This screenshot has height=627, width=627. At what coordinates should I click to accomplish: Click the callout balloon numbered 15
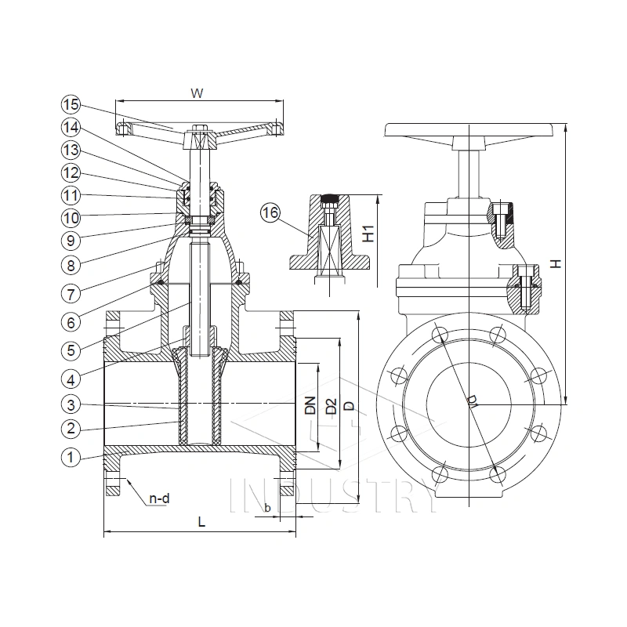pos(71,103)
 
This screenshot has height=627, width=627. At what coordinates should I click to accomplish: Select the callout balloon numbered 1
pos(71,455)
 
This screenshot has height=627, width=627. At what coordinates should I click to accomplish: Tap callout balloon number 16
pos(271,212)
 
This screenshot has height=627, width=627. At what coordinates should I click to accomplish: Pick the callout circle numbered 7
pos(71,293)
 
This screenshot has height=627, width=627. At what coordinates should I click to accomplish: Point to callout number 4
pos(71,379)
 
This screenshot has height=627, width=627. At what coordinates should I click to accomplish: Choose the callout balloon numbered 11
pos(71,194)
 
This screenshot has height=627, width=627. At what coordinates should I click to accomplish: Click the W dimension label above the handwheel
pos(198,93)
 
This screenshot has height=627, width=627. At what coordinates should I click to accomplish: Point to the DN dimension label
pos(310,404)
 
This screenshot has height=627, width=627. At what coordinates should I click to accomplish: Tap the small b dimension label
pos(267,508)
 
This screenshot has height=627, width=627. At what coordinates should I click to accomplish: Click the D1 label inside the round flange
pos(472,401)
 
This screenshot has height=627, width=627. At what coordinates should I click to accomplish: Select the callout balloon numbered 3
pos(71,404)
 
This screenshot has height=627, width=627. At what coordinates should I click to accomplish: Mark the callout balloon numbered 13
pos(71,149)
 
